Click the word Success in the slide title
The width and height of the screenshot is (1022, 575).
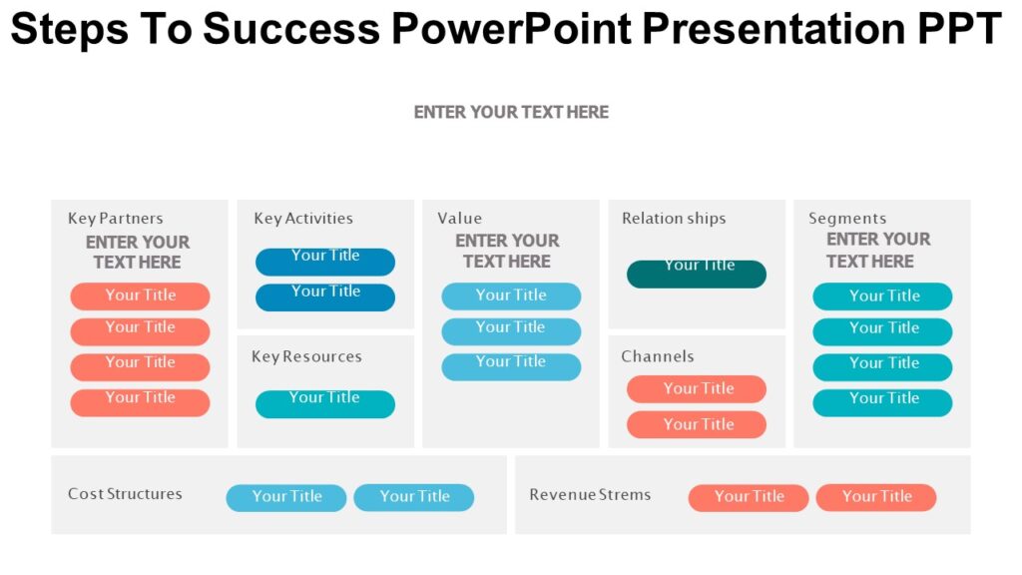tap(291, 30)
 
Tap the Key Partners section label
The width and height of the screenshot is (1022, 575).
tap(115, 219)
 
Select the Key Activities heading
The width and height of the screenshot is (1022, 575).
tap(302, 219)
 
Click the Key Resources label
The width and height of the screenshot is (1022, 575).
tap(306, 356)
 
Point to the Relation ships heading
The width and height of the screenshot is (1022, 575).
tap(674, 219)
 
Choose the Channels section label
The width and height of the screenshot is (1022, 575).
tap(657, 356)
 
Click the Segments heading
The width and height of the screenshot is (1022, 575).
tap(846, 219)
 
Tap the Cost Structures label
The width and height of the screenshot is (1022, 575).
tap(125, 494)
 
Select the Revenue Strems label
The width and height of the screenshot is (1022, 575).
tap(589, 495)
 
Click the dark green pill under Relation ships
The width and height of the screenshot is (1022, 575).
tap(696, 274)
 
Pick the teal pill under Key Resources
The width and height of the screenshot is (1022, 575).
tap(324, 403)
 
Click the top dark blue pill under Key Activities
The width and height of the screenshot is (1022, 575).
tap(324, 262)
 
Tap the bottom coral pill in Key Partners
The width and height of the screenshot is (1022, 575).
tap(140, 402)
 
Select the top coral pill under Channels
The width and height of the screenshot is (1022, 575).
tap(696, 388)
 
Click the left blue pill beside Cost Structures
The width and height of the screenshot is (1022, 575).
tap(285, 497)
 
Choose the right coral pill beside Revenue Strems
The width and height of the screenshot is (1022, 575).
tap(875, 497)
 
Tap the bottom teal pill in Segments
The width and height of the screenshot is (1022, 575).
tap(882, 402)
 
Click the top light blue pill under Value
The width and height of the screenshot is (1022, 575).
tap(510, 295)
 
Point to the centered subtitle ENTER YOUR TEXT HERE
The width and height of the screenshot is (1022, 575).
tap(511, 113)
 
